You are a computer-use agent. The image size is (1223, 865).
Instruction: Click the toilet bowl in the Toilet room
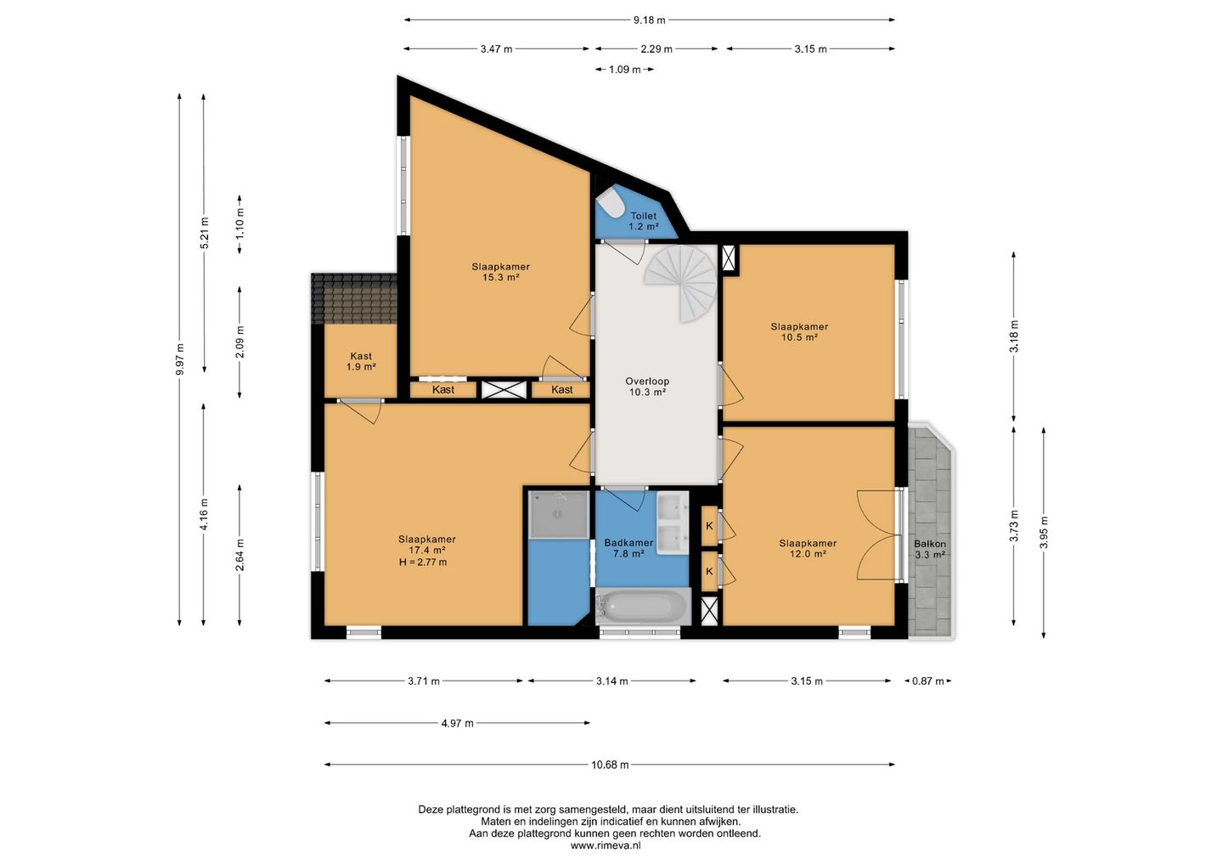click(611, 206)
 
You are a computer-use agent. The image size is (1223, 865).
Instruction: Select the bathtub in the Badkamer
click(643, 606)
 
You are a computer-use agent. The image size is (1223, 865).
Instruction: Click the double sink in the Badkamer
click(673, 523)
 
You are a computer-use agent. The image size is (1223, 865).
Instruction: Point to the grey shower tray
click(559, 514)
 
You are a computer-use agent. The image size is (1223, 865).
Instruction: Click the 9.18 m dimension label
click(649, 20)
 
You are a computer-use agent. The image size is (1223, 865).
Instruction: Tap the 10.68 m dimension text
click(610, 765)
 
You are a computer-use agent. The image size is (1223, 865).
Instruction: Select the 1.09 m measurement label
click(624, 70)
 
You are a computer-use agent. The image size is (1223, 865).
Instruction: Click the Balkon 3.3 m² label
click(930, 550)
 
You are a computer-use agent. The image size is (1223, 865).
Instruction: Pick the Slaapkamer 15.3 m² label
click(501, 272)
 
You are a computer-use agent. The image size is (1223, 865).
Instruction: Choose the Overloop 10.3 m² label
click(647, 387)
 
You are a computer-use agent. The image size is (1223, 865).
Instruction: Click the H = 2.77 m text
click(423, 562)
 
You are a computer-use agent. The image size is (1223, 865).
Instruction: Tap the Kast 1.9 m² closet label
click(361, 361)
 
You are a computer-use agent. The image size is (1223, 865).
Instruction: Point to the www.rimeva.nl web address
click(606, 845)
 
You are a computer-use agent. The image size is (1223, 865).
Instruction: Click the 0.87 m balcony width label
click(928, 681)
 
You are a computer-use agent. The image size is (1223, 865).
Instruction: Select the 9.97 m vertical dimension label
click(180, 359)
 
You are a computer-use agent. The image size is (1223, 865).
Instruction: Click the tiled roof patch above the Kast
click(354, 299)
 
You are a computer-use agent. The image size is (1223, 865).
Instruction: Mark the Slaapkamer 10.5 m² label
click(799, 332)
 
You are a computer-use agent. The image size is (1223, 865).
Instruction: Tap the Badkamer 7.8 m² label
click(628, 548)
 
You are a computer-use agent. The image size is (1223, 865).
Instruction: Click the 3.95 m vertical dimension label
click(1044, 533)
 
